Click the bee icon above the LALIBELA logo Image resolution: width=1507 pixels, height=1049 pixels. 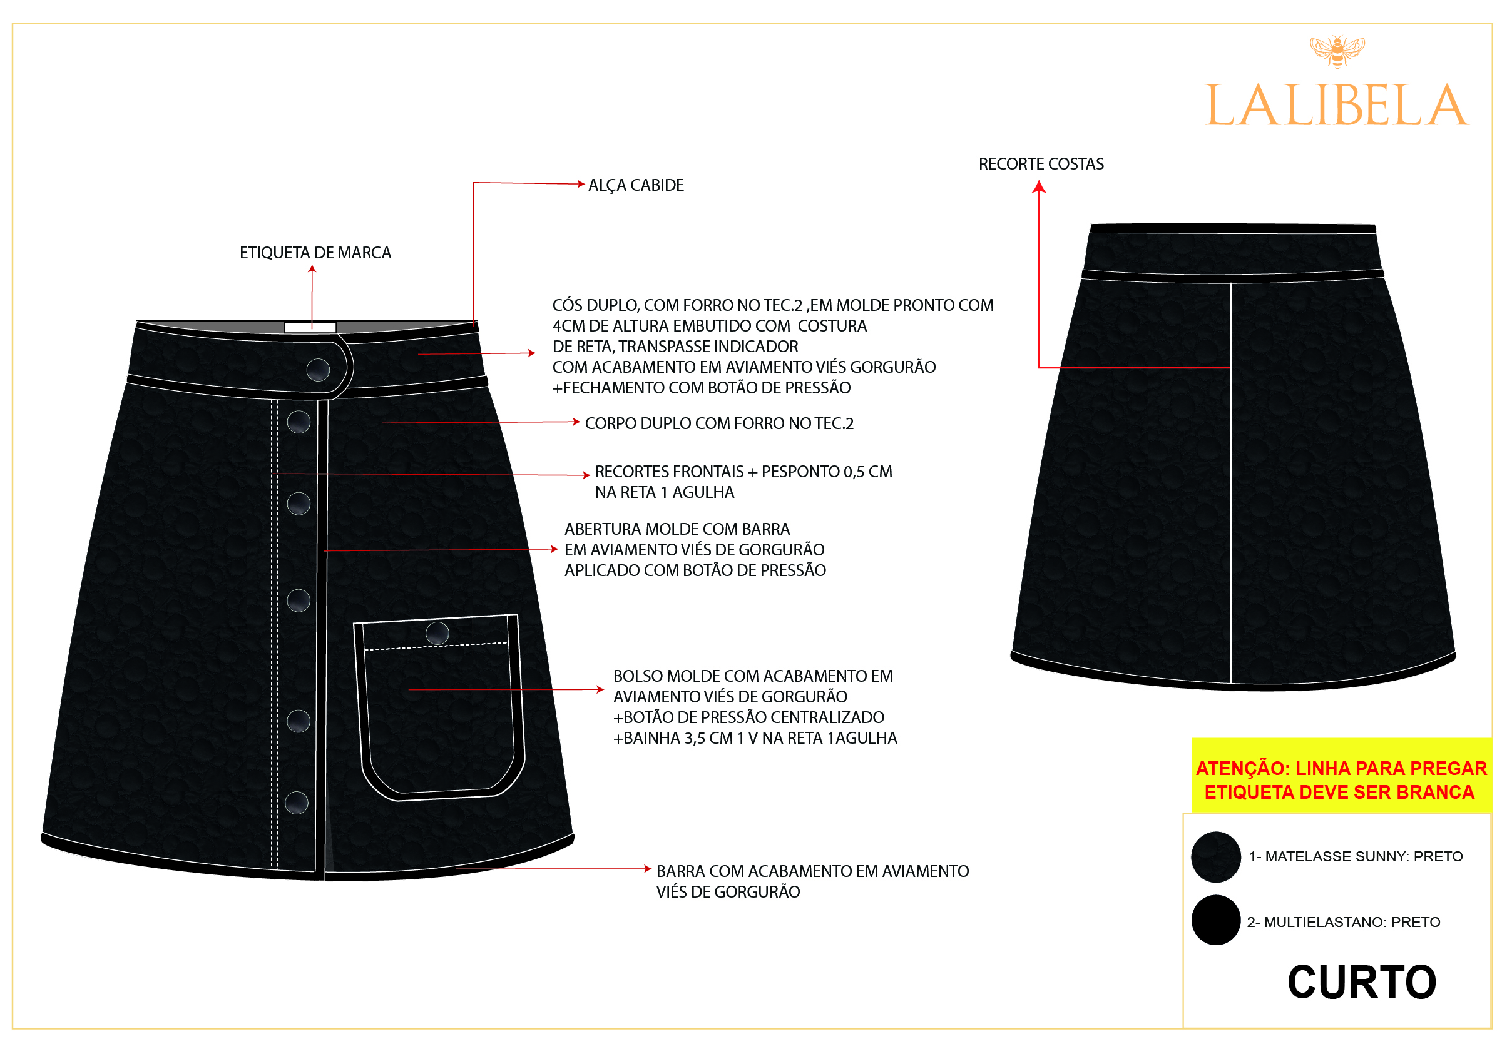(1337, 51)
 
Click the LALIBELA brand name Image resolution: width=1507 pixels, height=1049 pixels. (1336, 106)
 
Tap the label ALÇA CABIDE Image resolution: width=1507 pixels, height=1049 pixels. (635, 186)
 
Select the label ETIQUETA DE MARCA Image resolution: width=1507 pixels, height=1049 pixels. (315, 253)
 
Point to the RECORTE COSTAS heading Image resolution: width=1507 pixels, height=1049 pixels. (1041, 164)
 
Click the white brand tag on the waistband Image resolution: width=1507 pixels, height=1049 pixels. (310, 327)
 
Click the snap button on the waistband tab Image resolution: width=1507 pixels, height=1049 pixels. (319, 370)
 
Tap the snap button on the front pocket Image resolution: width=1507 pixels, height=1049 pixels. (437, 633)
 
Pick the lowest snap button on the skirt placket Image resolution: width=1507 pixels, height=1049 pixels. (297, 803)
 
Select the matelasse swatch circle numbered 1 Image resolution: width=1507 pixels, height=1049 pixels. (1215, 857)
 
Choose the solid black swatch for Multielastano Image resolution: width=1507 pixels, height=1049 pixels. (1215, 920)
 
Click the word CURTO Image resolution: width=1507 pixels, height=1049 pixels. (1362, 982)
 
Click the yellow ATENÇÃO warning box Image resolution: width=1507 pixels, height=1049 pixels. (1341, 776)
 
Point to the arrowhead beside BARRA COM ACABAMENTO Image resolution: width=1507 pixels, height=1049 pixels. (647, 869)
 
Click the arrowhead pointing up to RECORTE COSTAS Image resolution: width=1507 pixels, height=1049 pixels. (1038, 187)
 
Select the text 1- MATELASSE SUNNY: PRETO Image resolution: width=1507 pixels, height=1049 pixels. (1356, 856)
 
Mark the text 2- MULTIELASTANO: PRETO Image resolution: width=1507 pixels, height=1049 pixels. (1344, 922)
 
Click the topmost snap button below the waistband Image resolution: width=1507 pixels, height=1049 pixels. (299, 422)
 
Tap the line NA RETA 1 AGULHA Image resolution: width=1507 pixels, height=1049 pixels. (664, 493)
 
